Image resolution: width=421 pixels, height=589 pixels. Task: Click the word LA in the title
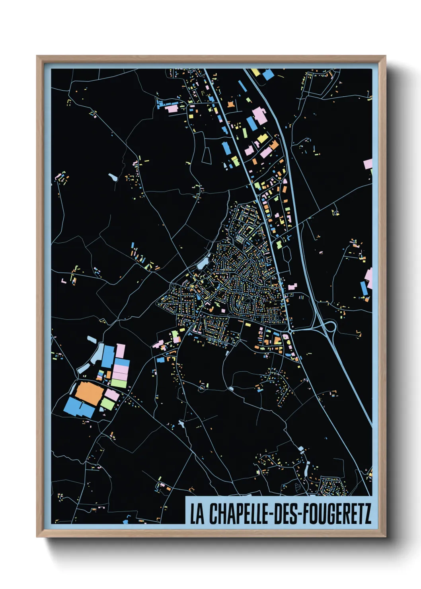[197, 514]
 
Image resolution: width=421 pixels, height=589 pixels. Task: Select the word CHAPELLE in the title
[238, 514]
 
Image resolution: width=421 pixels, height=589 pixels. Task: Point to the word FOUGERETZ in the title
[337, 514]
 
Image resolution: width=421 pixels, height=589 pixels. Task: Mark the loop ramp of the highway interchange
[330, 327]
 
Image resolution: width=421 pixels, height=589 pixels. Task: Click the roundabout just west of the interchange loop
[290, 330]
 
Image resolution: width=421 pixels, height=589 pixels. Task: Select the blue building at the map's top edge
[268, 74]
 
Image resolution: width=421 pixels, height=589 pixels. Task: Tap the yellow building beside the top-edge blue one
[255, 72]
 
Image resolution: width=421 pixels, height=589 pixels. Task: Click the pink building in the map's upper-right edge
[368, 164]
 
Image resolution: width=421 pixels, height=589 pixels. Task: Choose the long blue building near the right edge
[364, 288]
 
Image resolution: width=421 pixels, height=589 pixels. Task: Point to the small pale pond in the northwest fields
[113, 176]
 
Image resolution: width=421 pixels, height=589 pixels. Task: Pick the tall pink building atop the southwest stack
[121, 351]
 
